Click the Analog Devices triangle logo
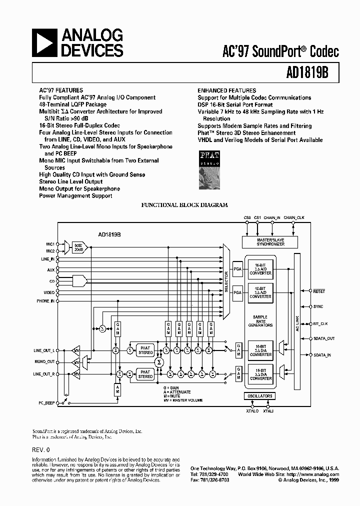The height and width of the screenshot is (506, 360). click(45, 43)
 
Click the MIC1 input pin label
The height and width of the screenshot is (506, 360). click(50, 243)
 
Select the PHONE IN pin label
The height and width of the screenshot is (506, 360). click(45, 301)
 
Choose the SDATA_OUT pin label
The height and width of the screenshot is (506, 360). click(324, 338)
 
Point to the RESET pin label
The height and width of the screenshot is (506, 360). click(319, 290)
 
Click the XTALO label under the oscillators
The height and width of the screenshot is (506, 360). click(252, 411)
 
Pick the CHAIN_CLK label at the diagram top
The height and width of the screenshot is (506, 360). click(294, 218)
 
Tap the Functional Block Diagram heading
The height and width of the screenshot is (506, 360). click(184, 205)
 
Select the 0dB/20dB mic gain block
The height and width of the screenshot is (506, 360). click(79, 246)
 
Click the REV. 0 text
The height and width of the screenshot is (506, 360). click(41, 449)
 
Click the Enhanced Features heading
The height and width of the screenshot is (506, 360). click(226, 90)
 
